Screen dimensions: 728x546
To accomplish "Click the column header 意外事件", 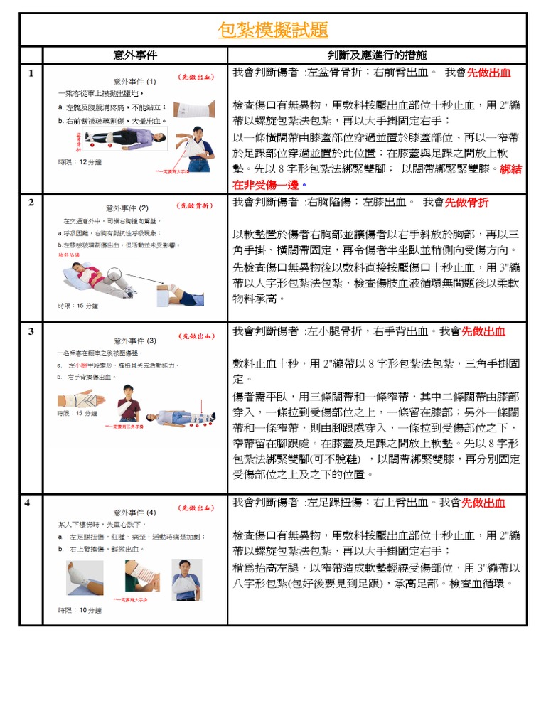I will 135,55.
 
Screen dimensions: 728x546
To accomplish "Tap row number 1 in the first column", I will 31,73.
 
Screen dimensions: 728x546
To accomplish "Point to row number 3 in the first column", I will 31,331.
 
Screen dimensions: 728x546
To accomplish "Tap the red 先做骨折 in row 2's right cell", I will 466,203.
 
